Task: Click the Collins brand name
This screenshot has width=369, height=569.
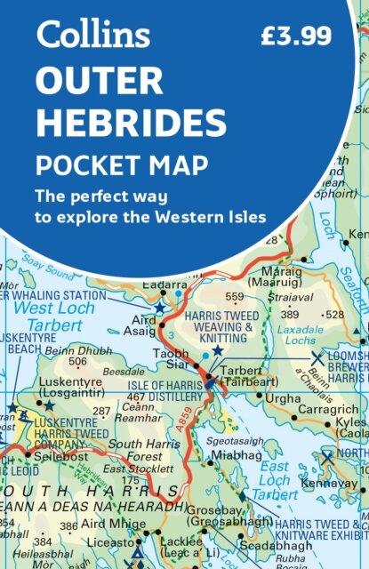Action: point(93,36)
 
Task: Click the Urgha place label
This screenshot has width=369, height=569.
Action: point(284,400)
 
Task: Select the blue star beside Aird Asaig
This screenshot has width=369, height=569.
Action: point(160,308)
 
